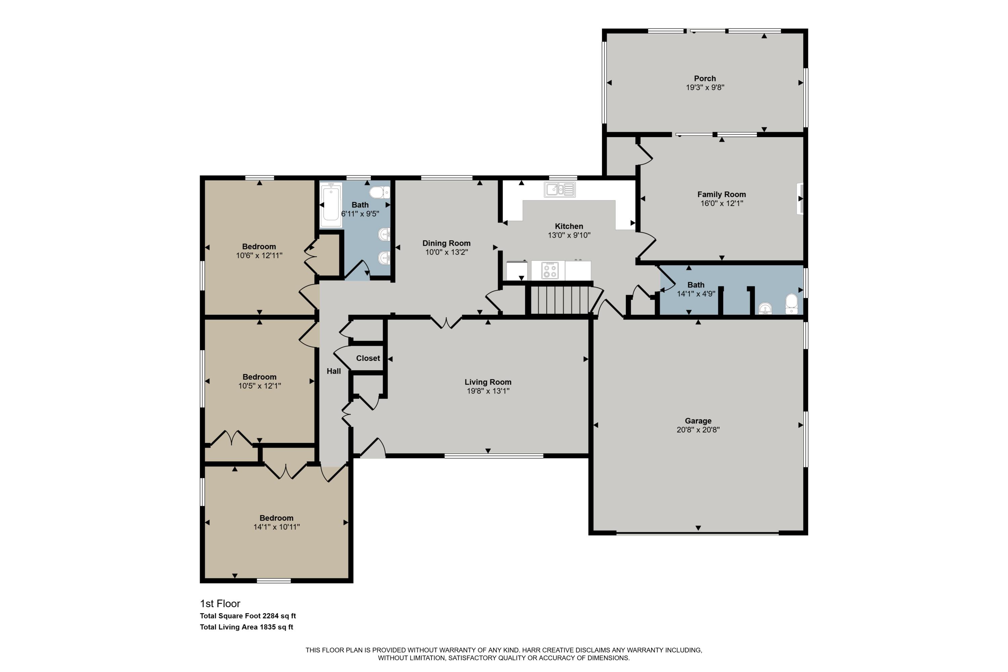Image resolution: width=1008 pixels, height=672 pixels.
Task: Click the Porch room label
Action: click(x=705, y=78)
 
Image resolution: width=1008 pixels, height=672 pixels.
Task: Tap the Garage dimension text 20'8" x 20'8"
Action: click(x=698, y=430)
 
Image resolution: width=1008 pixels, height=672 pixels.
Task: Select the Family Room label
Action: click(x=721, y=194)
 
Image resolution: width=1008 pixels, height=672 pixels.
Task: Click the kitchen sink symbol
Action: click(x=559, y=189)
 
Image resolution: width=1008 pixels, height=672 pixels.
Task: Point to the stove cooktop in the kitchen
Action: click(x=549, y=270)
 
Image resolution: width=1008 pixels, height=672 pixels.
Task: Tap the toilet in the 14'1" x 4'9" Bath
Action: click(x=791, y=304)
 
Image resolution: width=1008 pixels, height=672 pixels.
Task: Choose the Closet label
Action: click(x=368, y=358)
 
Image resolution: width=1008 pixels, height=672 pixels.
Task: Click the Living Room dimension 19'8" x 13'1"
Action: click(x=488, y=391)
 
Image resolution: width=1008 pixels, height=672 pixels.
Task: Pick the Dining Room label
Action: click(x=446, y=243)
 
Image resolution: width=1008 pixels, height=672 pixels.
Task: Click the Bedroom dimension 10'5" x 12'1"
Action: click(x=259, y=386)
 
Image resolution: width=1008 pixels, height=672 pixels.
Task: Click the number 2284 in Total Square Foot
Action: click(x=270, y=616)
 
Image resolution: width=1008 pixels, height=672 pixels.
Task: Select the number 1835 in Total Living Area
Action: click(x=267, y=627)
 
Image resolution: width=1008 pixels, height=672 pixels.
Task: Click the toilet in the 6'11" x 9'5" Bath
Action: click(x=379, y=193)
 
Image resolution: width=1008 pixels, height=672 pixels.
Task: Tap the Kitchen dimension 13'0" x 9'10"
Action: click(x=569, y=235)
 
